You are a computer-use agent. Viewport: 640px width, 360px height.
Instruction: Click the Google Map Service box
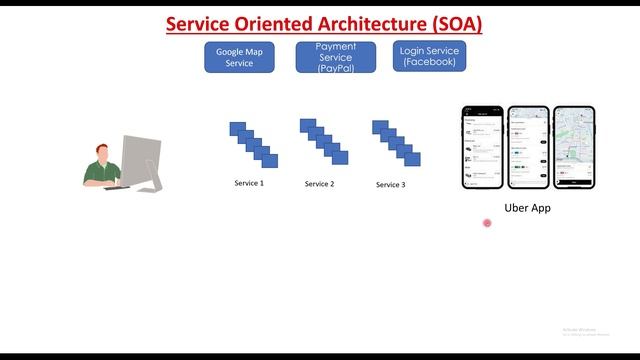coord(239,57)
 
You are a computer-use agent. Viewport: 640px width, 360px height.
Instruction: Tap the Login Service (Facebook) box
coord(429,57)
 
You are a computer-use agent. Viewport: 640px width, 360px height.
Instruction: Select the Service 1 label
coord(249,183)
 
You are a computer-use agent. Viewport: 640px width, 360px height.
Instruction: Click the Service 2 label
coord(319,184)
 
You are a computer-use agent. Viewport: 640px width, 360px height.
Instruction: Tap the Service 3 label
coord(390,185)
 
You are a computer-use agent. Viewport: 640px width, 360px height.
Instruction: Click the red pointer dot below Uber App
coord(487,223)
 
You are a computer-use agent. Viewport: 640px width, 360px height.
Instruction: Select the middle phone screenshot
coord(528,147)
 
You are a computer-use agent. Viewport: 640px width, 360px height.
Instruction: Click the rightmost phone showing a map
coord(573,147)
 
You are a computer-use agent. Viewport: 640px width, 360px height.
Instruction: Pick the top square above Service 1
coord(236,128)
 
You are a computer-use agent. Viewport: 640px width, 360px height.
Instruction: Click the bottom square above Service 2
coord(341,158)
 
